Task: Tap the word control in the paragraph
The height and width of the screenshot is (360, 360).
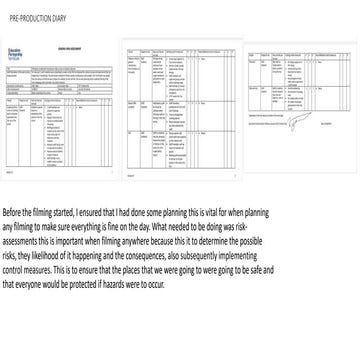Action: coord(19,272)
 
